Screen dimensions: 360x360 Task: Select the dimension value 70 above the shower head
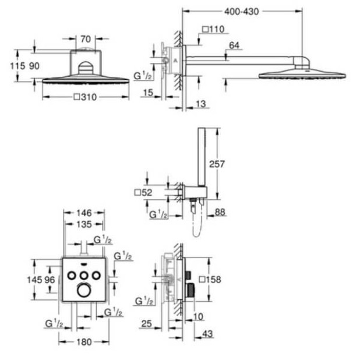[x=85, y=39]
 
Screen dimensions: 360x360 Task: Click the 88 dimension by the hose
[x=220, y=212]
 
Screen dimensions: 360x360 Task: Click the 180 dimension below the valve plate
[x=84, y=342]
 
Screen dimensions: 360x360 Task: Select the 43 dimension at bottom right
[x=208, y=333]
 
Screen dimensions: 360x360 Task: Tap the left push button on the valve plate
[x=72, y=274]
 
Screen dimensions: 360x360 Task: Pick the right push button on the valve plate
[x=96, y=274]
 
